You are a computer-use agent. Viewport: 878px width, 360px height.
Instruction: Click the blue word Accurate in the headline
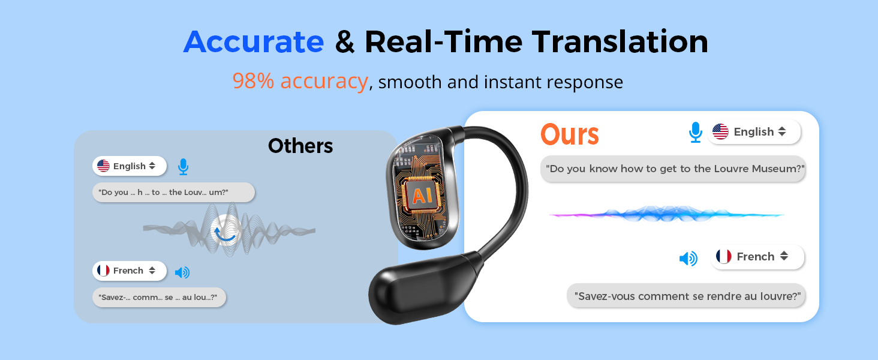tap(254, 42)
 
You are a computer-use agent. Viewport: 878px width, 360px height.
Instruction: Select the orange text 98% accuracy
tap(300, 81)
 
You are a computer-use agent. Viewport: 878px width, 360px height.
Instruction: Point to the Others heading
tap(300, 146)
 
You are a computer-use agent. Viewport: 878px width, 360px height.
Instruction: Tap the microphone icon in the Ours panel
tap(695, 132)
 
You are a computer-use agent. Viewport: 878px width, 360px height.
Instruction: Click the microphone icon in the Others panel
tap(183, 167)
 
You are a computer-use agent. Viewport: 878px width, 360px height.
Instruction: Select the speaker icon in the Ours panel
tap(688, 259)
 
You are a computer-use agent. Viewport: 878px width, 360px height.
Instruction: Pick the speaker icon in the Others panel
tap(182, 272)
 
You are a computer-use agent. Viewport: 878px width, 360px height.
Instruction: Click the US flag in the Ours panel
tap(720, 132)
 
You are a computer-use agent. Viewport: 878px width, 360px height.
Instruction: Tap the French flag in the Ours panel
tap(724, 257)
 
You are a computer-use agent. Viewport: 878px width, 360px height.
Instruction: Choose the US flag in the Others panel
tap(103, 166)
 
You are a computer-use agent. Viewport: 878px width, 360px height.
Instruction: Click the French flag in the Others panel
tap(103, 271)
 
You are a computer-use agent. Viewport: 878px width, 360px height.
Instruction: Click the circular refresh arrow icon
tap(225, 231)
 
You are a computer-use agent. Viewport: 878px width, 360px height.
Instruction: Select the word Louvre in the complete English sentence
tap(732, 169)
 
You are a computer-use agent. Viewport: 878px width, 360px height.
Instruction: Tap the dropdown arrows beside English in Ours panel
tap(781, 132)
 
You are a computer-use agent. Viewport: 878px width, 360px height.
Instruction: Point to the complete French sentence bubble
tap(687, 296)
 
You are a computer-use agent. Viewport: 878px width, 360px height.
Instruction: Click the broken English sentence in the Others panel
tap(173, 193)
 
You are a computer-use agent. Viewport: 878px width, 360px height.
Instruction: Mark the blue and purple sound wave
tap(666, 214)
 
